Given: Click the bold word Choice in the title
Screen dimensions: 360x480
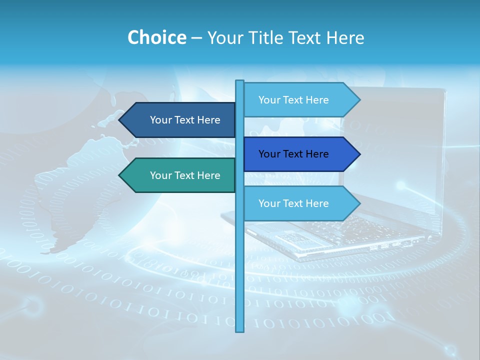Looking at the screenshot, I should [x=156, y=37].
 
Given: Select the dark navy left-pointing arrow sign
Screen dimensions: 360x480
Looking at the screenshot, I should [x=180, y=120].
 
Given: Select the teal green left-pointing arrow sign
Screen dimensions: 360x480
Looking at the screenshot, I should [x=180, y=175].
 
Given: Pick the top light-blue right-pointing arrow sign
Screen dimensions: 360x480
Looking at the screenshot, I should [x=298, y=100].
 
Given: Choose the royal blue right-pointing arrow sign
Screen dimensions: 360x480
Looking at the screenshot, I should [x=298, y=154].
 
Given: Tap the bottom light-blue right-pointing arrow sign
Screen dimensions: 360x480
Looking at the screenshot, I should [x=298, y=203].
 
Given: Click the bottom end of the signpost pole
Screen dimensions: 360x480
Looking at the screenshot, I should [x=240, y=329].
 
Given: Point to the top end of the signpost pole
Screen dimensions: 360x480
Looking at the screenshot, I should [x=240, y=82].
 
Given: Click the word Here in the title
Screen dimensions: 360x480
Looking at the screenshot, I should [x=345, y=37].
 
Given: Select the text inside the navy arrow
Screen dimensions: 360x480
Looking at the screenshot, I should [x=185, y=120].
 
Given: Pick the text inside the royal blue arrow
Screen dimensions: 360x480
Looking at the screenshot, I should [x=293, y=154].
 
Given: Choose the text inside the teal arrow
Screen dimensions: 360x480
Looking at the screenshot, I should [x=185, y=175].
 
